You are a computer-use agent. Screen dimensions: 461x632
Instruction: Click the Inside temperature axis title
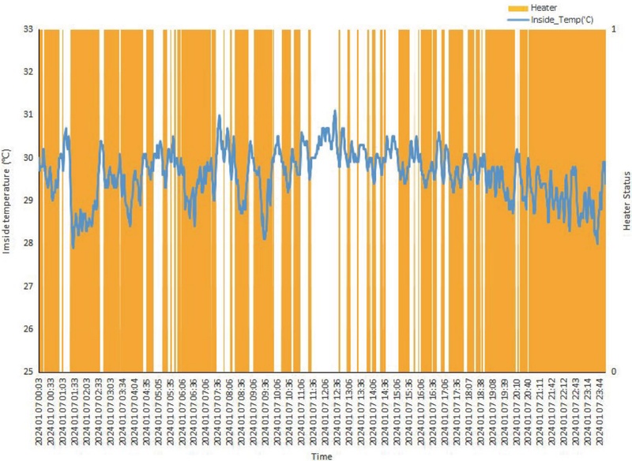[6, 200]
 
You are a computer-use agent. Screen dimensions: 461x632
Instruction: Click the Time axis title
[322, 455]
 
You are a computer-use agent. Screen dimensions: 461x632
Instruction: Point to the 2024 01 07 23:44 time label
[600, 410]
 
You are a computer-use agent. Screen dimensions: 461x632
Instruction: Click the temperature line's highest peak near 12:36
[335, 111]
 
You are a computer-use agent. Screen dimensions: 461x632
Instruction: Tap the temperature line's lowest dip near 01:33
[73, 248]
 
